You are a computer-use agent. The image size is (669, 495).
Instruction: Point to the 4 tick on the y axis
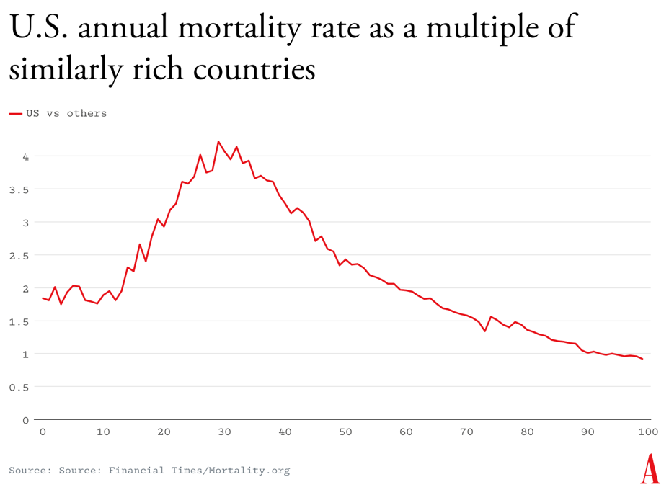[x=25, y=156]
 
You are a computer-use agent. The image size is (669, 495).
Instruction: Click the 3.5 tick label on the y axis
[x=19, y=189]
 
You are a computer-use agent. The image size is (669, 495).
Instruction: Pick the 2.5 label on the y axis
[x=19, y=255]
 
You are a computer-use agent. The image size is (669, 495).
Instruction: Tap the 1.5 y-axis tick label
[x=19, y=321]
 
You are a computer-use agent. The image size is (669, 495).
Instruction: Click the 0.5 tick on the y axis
[x=19, y=387]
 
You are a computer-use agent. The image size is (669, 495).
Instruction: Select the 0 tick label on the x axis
[x=43, y=432]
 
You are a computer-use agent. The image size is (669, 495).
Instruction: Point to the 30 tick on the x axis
[x=224, y=432]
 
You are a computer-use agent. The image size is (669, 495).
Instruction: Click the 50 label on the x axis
[x=345, y=432]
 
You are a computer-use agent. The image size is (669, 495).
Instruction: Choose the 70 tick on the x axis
[x=466, y=432]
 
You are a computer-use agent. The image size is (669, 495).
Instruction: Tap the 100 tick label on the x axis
[x=648, y=432]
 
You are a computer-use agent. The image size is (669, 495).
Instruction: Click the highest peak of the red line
[x=218, y=141]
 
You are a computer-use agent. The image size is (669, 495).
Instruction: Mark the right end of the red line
[x=642, y=359]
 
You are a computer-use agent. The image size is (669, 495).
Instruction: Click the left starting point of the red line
[x=43, y=298]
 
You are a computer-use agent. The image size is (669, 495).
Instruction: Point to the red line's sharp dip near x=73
[x=485, y=331]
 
